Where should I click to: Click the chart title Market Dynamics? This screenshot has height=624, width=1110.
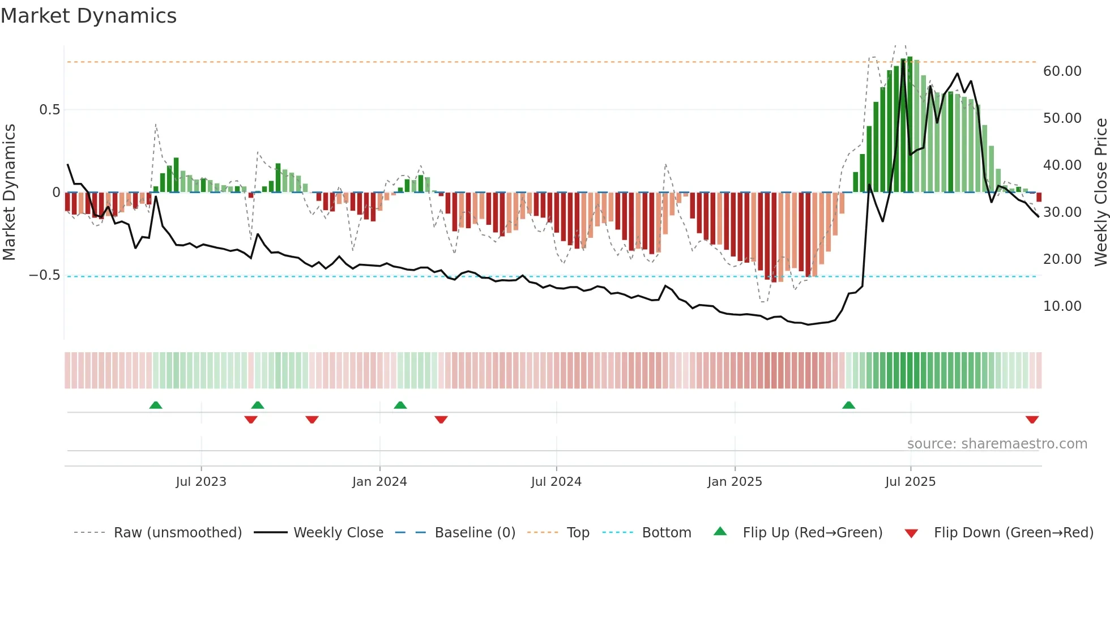89,16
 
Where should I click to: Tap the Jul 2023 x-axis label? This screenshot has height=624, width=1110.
201,482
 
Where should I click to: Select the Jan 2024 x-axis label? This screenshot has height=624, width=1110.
379,482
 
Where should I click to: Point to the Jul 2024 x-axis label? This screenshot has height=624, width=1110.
556,482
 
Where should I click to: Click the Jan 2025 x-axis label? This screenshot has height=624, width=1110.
735,482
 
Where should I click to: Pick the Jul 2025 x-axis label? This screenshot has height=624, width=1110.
910,482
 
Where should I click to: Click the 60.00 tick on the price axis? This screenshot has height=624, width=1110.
1062,71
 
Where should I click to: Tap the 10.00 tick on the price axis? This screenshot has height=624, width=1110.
1062,306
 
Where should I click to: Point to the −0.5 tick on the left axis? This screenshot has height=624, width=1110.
45,276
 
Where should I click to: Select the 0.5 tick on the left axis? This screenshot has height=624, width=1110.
50,110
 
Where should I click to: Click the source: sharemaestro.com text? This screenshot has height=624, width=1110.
997,444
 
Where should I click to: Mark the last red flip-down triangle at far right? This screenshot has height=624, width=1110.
1032,420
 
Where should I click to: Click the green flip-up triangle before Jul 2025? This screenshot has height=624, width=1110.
848,405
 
